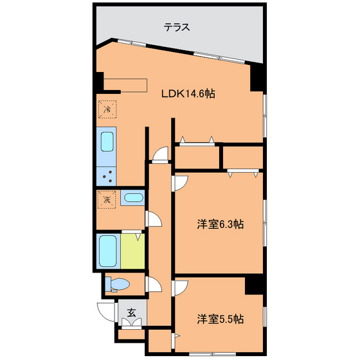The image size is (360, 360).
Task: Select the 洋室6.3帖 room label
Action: (x=220, y=225)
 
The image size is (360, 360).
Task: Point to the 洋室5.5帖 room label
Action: (x=220, y=318)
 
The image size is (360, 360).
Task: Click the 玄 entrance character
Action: (x=131, y=314)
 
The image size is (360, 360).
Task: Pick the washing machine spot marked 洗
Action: (x=107, y=199)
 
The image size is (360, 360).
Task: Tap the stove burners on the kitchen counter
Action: (x=106, y=174)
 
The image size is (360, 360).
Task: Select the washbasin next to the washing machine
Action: (x=133, y=198)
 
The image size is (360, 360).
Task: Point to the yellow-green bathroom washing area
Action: (x=133, y=251)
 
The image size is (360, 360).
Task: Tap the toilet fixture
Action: (x=118, y=283)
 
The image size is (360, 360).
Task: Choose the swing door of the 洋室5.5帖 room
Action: (x=180, y=288)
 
